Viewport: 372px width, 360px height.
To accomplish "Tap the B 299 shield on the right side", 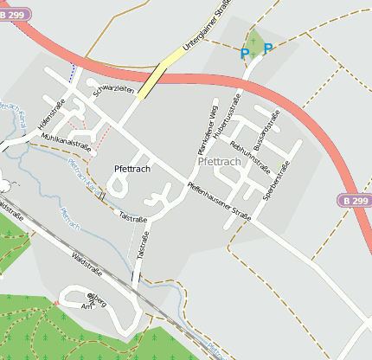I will (x=354, y=201).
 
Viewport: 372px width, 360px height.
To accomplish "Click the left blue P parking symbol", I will (x=245, y=54).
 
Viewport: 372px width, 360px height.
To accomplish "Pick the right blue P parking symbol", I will (x=267, y=49).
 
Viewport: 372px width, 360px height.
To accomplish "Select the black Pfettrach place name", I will (x=131, y=169).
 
